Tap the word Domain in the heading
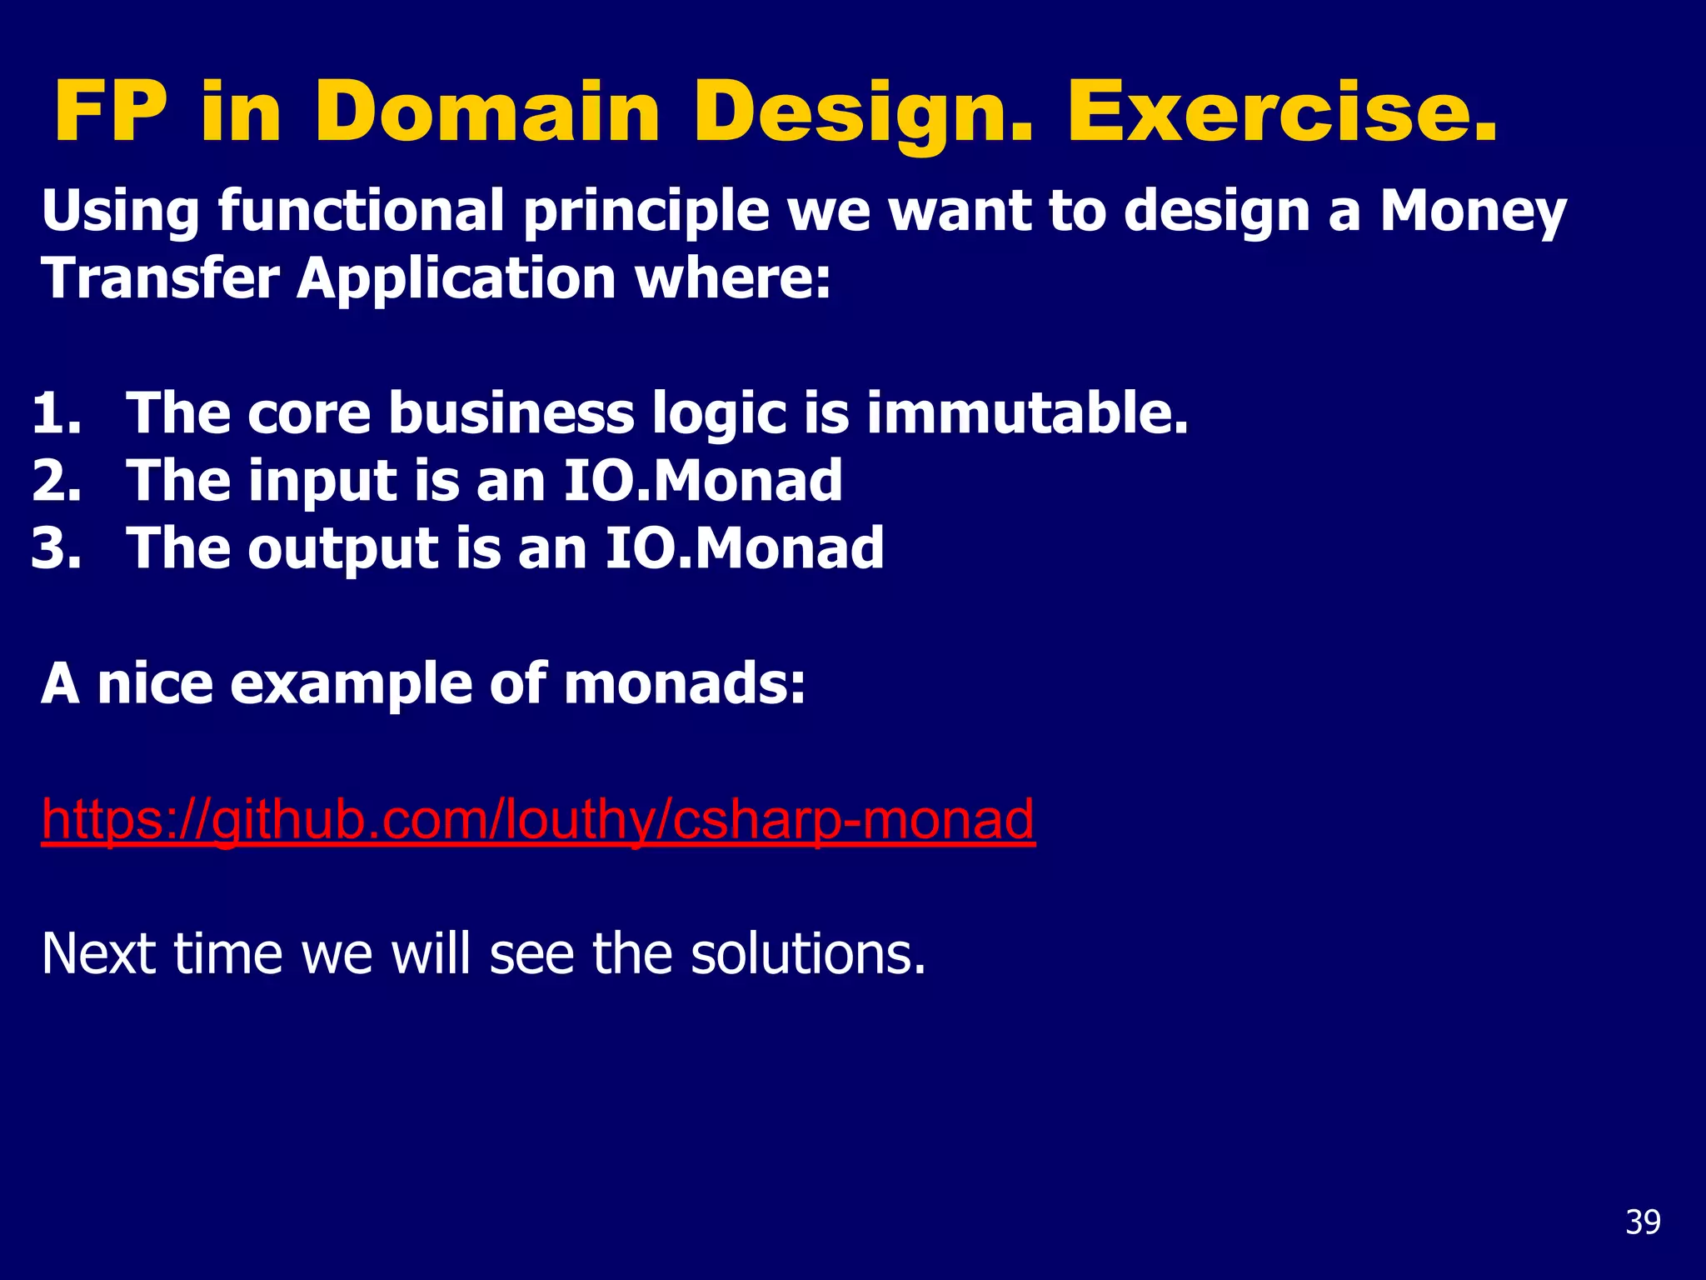[x=487, y=112]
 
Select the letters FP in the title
[x=111, y=112]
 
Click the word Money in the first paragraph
[x=1473, y=212]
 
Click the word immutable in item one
[x=1026, y=413]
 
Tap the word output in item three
[x=342, y=550]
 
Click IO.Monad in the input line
[x=702, y=481]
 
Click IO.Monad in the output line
[x=743, y=548]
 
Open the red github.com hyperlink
[x=537, y=819]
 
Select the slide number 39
[x=1643, y=1222]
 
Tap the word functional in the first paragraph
[x=360, y=212]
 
